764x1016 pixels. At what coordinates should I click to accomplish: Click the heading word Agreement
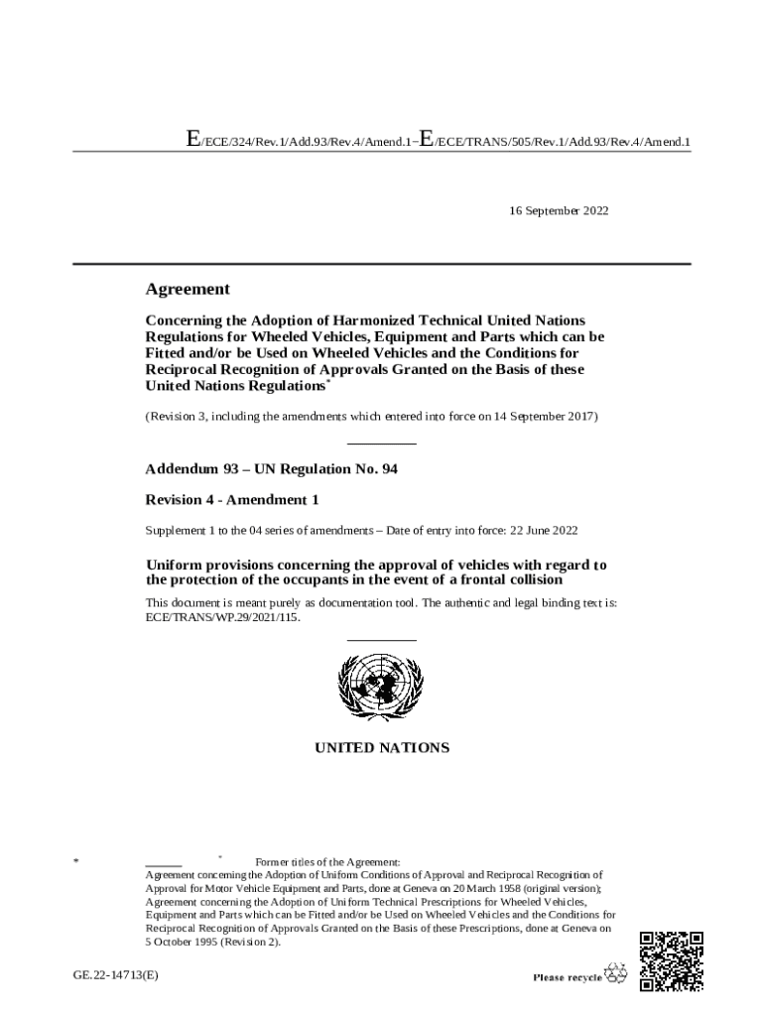point(188,289)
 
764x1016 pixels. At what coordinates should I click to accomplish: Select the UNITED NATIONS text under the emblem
point(382,747)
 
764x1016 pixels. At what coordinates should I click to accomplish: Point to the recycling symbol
point(617,975)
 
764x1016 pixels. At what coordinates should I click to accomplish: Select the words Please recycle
point(568,977)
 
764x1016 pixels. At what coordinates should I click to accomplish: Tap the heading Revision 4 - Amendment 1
point(232,499)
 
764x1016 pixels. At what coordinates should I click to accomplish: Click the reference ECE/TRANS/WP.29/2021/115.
point(221,617)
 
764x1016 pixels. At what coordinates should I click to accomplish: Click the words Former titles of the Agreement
point(327,861)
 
